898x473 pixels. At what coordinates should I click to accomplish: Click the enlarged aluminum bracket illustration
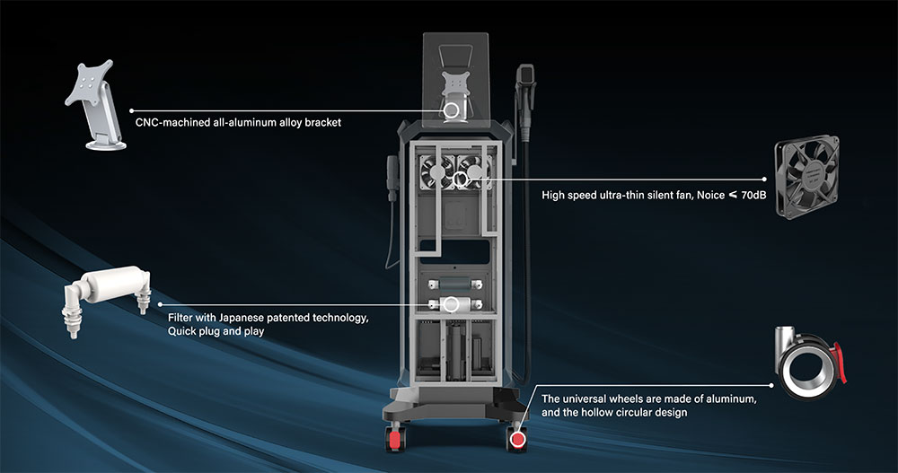click(94, 106)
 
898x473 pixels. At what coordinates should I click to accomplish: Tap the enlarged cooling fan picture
click(807, 177)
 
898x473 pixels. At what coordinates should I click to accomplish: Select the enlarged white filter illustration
click(107, 298)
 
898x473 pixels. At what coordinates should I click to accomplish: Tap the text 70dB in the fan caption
click(753, 195)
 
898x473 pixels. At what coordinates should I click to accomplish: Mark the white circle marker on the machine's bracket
click(452, 110)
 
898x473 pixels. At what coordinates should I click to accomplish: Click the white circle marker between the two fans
click(460, 180)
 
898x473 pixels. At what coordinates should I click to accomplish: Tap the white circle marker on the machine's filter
click(452, 304)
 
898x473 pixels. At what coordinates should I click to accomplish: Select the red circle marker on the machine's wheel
click(518, 439)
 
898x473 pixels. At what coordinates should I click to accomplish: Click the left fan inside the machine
click(437, 171)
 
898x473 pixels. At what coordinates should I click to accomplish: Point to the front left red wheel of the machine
click(395, 438)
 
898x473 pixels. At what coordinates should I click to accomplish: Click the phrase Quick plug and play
click(216, 331)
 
